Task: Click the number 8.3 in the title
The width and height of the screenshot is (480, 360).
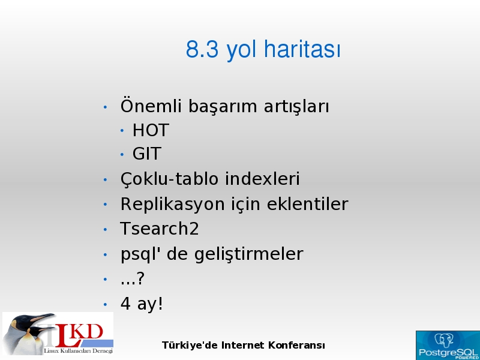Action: (x=202, y=49)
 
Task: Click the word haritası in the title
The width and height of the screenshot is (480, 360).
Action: (x=302, y=49)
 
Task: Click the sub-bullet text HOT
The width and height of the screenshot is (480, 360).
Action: (x=151, y=130)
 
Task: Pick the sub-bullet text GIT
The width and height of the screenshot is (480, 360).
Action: (x=146, y=154)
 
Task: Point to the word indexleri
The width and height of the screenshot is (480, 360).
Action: (x=262, y=178)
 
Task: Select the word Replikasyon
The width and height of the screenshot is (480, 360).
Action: (x=173, y=204)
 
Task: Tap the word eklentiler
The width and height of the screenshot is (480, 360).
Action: (x=307, y=203)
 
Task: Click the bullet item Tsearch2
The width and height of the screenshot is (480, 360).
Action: (x=160, y=229)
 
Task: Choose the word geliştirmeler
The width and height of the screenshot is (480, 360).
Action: (x=248, y=254)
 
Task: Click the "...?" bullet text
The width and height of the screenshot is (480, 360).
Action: (x=132, y=278)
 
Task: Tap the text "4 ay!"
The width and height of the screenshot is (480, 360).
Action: (x=142, y=304)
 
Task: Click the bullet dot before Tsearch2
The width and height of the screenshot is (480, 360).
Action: (x=106, y=230)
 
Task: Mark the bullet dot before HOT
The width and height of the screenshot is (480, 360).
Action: (x=122, y=131)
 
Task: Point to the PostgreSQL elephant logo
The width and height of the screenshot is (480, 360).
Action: (x=443, y=340)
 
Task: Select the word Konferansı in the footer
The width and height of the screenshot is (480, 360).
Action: (x=296, y=346)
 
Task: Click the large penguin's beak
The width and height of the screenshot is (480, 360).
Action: (x=43, y=318)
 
